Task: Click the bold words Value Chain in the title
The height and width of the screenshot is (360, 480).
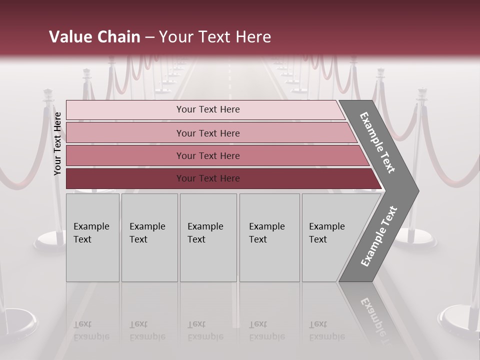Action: [x=94, y=37]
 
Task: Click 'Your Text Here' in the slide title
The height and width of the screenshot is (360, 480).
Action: [x=215, y=37]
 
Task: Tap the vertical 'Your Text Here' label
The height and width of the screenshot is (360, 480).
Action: [x=57, y=143]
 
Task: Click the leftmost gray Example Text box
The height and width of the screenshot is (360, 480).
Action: [x=92, y=237]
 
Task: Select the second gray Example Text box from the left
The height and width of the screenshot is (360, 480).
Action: [x=149, y=237]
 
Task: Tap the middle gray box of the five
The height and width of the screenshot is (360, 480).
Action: [x=208, y=237]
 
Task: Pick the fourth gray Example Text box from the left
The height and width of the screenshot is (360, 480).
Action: [x=269, y=237]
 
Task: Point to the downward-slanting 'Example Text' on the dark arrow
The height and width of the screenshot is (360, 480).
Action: [x=377, y=143]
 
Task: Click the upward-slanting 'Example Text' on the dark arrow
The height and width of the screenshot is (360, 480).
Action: [x=379, y=236]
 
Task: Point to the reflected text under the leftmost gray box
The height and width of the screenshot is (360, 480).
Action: [x=91, y=330]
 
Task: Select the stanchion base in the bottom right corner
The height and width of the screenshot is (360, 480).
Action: [x=458, y=320]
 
